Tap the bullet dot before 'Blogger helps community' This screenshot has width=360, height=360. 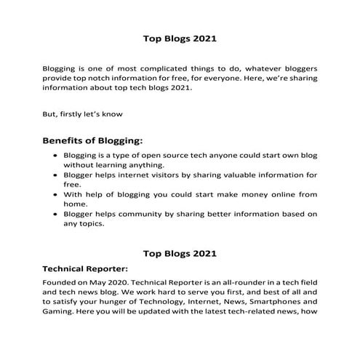pyautogui.click(x=57, y=215)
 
